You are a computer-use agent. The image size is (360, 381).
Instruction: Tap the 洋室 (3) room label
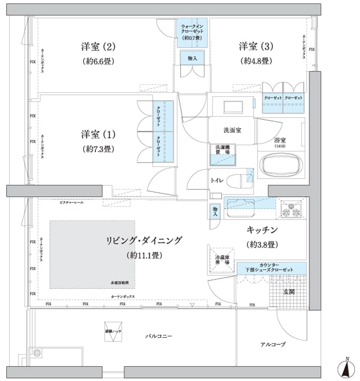(256, 47)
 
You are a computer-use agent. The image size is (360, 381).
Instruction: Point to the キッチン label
(262, 231)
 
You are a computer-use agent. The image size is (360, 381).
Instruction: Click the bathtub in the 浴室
(283, 167)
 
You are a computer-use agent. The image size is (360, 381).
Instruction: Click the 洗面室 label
(232, 130)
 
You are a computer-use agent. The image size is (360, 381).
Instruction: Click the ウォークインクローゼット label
(192, 31)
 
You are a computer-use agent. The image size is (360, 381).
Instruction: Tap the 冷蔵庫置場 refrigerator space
(220, 260)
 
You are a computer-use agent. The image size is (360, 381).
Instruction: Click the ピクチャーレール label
(72, 202)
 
